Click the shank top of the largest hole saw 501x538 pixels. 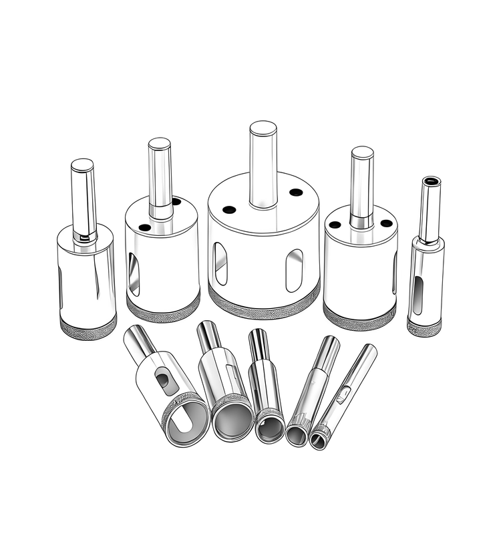263,128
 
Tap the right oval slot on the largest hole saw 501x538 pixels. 294,270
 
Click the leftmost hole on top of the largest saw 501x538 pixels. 228,209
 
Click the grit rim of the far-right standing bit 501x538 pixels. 424,327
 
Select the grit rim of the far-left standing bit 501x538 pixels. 88,327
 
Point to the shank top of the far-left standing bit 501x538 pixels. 82,164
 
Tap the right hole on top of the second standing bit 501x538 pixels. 176,201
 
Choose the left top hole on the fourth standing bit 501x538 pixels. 335,225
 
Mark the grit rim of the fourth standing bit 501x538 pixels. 358,313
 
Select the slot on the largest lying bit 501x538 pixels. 162,380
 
